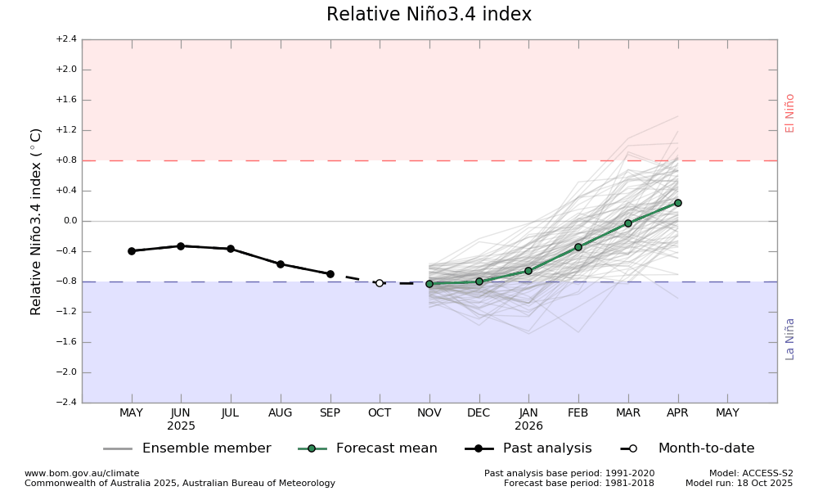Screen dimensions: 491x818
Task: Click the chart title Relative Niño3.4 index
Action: point(429,15)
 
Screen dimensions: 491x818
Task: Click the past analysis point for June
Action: point(181,245)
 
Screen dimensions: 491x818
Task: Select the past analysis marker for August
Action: point(281,264)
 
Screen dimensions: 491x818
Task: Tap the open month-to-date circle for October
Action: point(380,283)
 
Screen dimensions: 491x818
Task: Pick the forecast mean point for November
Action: point(429,284)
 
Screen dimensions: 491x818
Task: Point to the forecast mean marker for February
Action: point(578,247)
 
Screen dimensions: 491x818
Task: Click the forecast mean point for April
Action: point(678,203)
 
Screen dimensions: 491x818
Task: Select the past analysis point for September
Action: point(330,274)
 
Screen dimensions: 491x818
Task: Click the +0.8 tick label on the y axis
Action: point(66,160)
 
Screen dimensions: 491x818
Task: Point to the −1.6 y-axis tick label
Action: point(66,342)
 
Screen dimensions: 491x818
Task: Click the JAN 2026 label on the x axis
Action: point(528,419)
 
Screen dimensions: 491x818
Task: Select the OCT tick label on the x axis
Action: point(380,413)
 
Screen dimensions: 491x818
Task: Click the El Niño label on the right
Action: point(790,113)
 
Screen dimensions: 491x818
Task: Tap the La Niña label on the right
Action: point(790,339)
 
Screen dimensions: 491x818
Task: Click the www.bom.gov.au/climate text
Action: point(82,473)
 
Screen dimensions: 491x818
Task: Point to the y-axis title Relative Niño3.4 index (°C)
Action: point(37,221)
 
